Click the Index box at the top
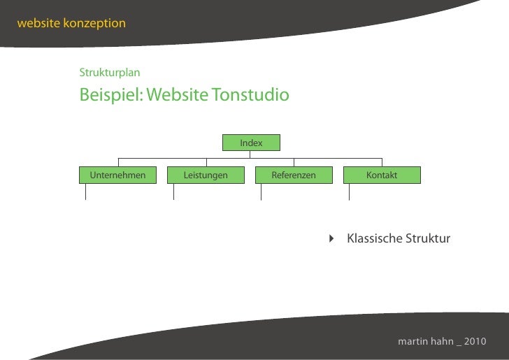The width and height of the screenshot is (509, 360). coord(251,143)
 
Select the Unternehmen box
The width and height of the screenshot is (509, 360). coord(117,175)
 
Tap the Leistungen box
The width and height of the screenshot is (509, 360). coord(206,175)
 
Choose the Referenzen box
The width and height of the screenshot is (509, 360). coord(294,175)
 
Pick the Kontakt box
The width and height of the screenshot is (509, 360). coord(382,175)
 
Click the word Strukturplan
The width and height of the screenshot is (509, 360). coord(110,73)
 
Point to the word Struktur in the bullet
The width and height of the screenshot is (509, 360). coord(428,239)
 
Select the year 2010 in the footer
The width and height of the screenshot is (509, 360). coord(474,342)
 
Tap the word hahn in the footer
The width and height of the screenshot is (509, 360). coord(442,342)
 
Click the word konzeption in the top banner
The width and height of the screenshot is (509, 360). coord(94,23)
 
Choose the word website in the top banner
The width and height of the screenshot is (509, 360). coord(38,23)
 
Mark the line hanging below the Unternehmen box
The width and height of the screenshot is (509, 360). coord(85,192)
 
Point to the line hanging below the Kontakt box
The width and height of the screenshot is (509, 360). coord(349,192)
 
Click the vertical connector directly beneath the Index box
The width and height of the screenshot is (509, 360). coord(250,154)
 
